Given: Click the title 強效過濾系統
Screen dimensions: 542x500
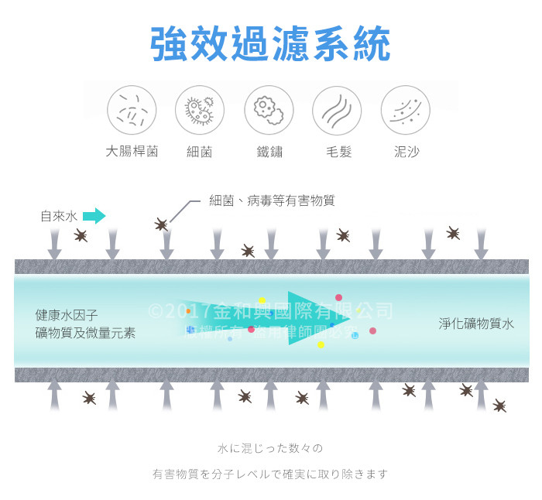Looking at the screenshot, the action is (x=270, y=44).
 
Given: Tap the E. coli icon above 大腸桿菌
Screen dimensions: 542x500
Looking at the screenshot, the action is (x=132, y=110).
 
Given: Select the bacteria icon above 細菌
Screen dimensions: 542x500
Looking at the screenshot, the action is (x=200, y=110).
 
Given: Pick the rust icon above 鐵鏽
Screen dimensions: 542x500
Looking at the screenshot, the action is (x=269, y=110).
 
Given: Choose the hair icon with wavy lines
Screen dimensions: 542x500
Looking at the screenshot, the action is (x=337, y=110).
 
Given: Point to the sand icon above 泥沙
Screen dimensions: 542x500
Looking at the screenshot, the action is (x=405, y=110).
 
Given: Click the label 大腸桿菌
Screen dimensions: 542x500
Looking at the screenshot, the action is (x=132, y=152).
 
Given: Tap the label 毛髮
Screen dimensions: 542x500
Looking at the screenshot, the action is (x=338, y=152).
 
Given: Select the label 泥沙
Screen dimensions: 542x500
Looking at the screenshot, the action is (x=406, y=152).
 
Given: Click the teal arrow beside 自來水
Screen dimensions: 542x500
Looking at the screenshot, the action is (x=94, y=216).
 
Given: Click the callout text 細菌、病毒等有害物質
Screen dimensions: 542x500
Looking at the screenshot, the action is (x=272, y=200).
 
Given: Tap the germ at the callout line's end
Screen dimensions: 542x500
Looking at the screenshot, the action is (x=161, y=224).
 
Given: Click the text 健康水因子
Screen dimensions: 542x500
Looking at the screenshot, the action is (x=67, y=316).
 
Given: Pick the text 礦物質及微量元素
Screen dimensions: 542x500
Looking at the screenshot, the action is (x=85, y=334).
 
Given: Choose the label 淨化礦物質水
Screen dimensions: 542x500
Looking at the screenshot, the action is (x=476, y=324).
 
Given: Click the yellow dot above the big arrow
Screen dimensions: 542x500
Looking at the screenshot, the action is (x=262, y=300).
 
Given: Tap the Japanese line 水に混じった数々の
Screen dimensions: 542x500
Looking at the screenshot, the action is (x=269, y=448).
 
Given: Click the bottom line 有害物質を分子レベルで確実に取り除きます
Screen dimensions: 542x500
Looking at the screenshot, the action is (x=269, y=474).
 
